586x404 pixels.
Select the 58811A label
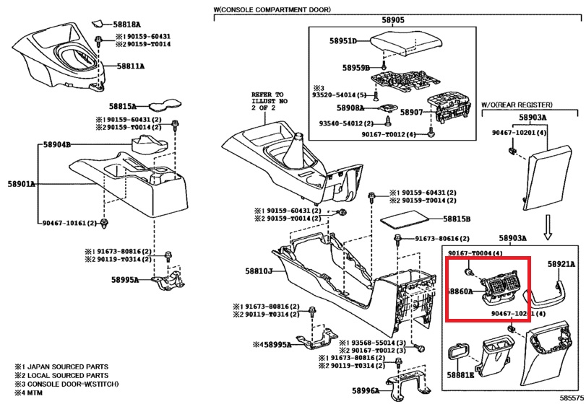[130, 66]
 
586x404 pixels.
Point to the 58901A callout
[22, 184]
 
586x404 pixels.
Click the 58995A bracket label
[125, 279]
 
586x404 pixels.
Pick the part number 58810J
[257, 271]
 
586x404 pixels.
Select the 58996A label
[366, 390]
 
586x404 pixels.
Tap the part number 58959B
[356, 67]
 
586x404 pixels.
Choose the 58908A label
[351, 108]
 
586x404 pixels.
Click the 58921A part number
[561, 265]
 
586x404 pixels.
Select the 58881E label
[460, 375]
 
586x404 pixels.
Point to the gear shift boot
[297, 151]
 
